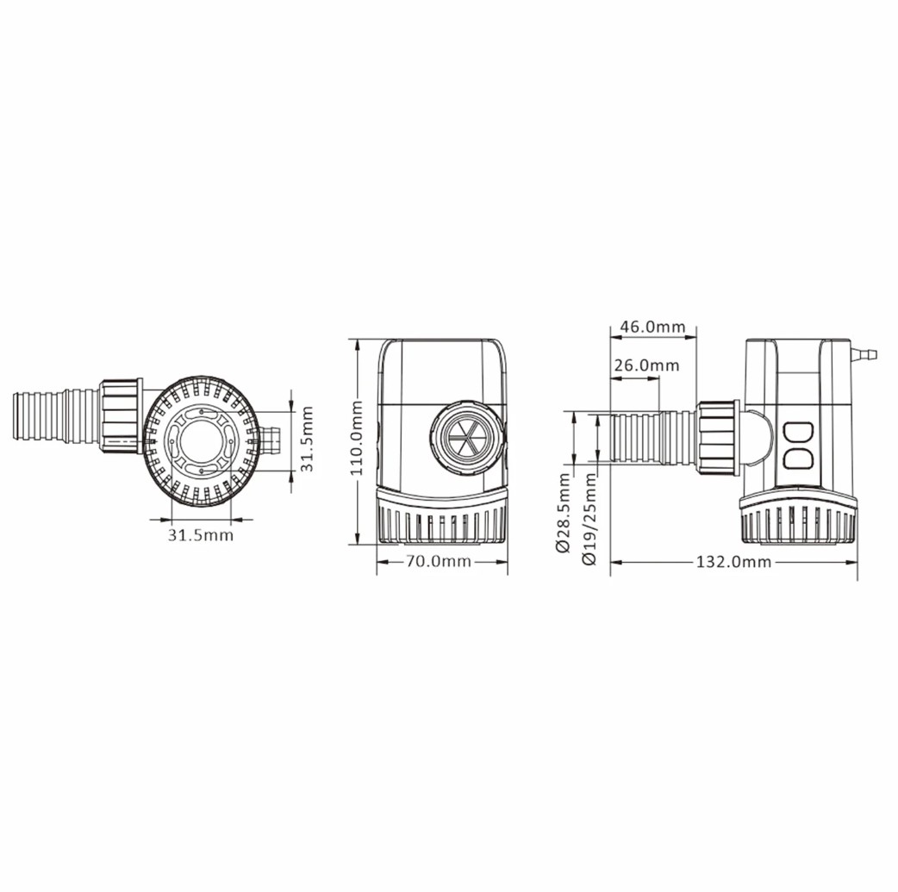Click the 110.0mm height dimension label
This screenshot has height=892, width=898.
point(358,439)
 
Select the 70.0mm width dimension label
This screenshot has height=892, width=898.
point(439,561)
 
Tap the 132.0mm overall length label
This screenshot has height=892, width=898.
point(733,561)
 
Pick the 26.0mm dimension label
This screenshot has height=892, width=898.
point(646,365)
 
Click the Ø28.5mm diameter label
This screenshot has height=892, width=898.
point(563,512)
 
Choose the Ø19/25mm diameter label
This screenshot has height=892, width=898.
point(589,519)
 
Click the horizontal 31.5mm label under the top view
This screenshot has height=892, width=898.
point(201,535)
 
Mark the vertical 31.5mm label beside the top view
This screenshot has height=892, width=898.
point(308,439)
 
